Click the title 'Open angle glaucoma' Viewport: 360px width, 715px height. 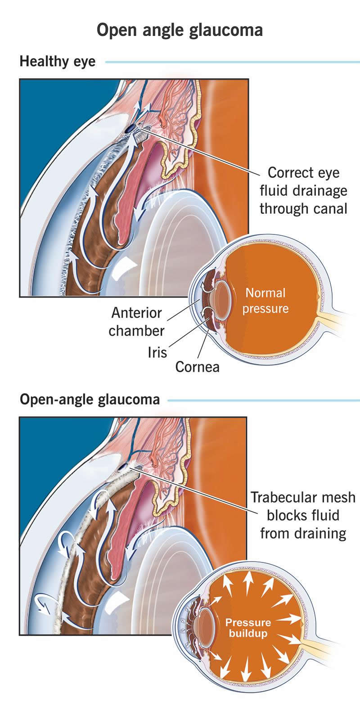click(180, 31)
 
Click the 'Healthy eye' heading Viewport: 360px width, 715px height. click(58, 61)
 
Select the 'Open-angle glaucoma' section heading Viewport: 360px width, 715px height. click(90, 399)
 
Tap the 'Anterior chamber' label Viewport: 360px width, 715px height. click(136, 321)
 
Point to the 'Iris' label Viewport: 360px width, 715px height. click(157, 352)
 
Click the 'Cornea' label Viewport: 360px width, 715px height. click(198, 367)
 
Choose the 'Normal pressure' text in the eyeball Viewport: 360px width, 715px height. click(265, 301)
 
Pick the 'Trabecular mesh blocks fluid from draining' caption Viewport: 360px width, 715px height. click(303, 515)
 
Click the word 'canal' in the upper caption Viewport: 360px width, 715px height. click(327, 208)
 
